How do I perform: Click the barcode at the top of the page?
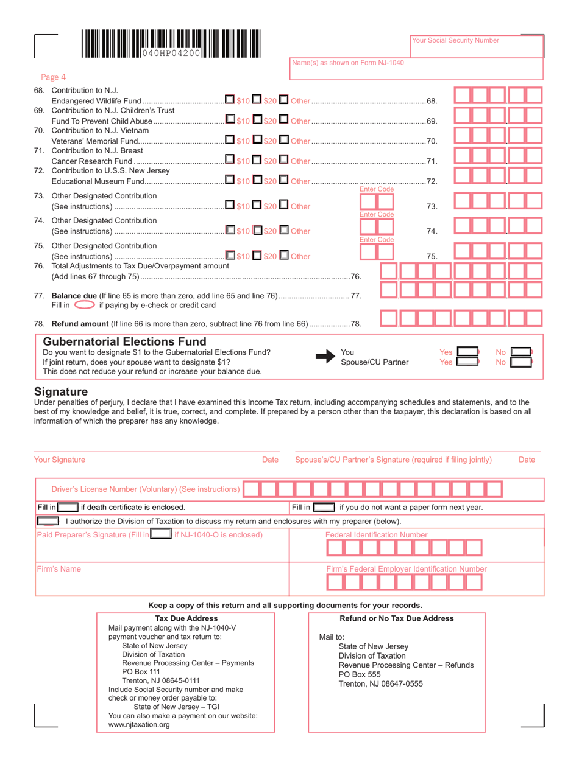(169, 44)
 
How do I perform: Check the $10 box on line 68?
(229, 99)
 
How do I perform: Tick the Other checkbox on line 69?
(285, 119)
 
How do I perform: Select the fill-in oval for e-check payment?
(85, 304)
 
